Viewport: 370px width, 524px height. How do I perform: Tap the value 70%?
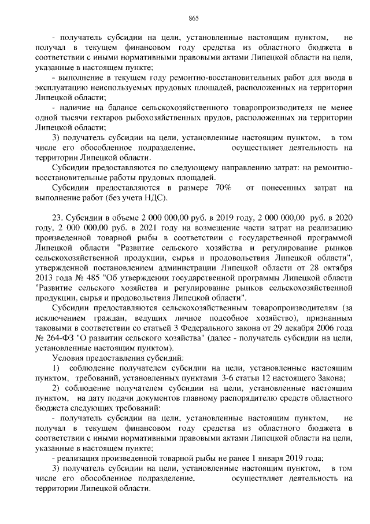tap(223, 188)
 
